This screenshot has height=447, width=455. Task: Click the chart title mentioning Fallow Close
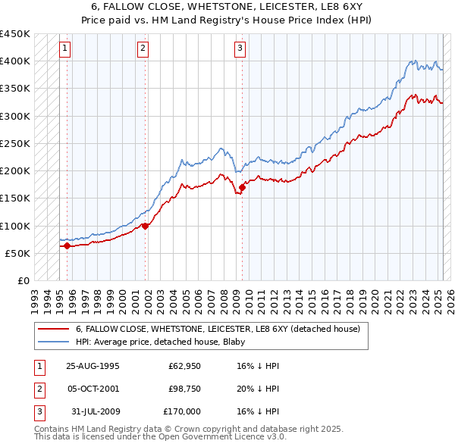point(227,6)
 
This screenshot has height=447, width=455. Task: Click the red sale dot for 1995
point(67,245)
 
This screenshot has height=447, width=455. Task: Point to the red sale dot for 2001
point(145,226)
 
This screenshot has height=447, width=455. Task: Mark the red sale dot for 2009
point(242,187)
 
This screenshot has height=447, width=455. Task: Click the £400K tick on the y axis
point(15,61)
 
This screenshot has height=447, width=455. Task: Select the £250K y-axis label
point(15,143)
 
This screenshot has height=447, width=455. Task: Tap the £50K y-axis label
point(18,253)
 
